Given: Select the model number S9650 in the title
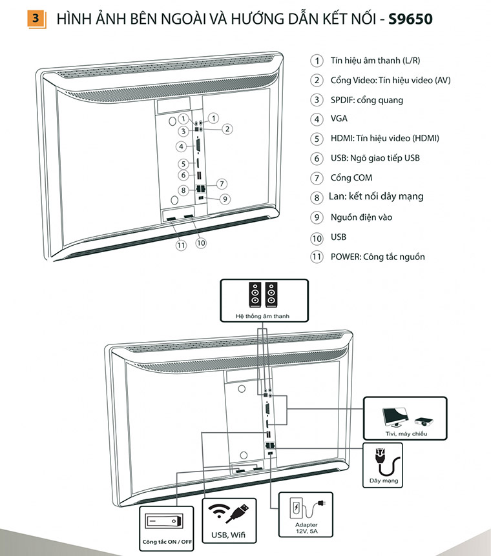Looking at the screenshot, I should pyautogui.click(x=411, y=19).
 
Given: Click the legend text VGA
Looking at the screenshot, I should pyautogui.click(x=339, y=119).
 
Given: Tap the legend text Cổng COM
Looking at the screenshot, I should pyautogui.click(x=351, y=177).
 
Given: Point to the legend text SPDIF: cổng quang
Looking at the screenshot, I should pyautogui.click(x=366, y=99).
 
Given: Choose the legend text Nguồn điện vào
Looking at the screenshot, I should pyautogui.click(x=361, y=217).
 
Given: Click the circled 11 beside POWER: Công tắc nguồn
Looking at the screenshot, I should pyautogui.click(x=317, y=257).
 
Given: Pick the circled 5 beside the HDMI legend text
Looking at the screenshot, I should pyautogui.click(x=317, y=139).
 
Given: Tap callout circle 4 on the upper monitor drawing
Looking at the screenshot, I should pyautogui.click(x=183, y=146).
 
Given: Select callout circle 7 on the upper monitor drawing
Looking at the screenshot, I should pyautogui.click(x=221, y=183).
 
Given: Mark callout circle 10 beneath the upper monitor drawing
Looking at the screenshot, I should pyautogui.click(x=200, y=243).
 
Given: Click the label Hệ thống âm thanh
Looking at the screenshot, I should pyautogui.click(x=262, y=317).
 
